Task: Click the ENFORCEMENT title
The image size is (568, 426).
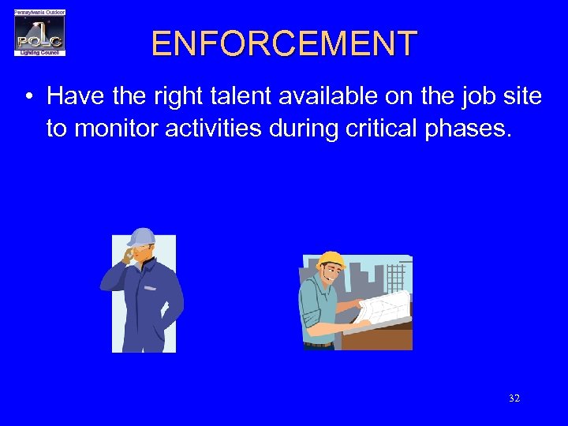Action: (x=284, y=43)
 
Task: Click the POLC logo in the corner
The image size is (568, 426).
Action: (x=39, y=33)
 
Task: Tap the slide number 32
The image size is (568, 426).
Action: (x=514, y=398)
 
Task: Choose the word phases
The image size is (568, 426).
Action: (x=469, y=128)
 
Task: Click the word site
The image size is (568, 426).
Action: (x=522, y=97)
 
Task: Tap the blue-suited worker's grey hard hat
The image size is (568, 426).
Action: (x=142, y=237)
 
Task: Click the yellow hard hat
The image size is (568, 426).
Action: (x=331, y=260)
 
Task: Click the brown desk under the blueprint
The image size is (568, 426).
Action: (x=379, y=338)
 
